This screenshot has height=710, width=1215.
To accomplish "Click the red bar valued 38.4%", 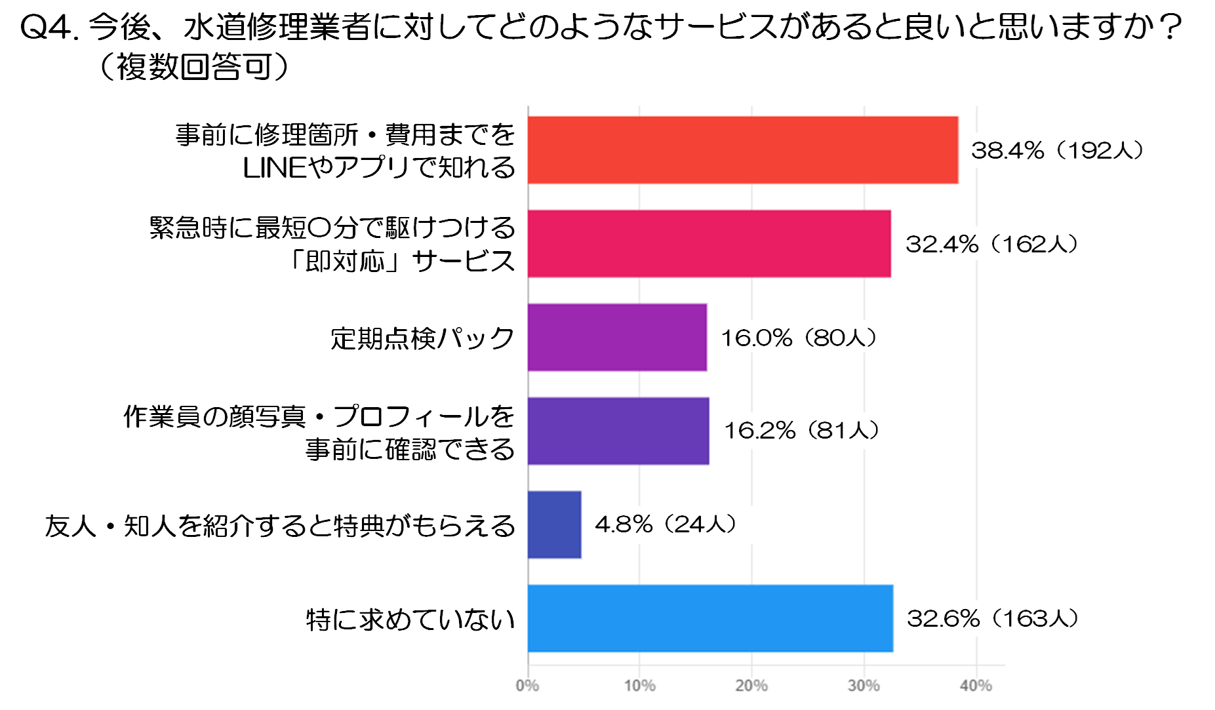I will pos(742,150).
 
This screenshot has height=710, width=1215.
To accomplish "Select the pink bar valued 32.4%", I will pos(709,244).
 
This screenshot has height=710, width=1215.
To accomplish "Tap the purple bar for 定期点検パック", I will pos(617,338).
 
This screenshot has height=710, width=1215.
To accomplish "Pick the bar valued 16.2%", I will pos(618,431).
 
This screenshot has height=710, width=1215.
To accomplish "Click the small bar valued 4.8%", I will pos(554,524).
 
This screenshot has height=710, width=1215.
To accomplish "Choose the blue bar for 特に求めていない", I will pos(710,618).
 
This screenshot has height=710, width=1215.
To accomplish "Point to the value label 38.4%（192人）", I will pos(1057,151).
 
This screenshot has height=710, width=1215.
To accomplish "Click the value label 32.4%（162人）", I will pos(991,245).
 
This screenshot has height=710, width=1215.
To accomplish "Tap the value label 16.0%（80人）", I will pos(799,338).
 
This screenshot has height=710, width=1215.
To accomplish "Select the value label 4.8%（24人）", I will pos(666,524).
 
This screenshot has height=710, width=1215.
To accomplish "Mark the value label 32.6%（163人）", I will pos(993,619).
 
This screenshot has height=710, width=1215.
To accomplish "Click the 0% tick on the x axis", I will pos(527,686).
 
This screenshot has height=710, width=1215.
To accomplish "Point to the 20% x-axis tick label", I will pos(751,686).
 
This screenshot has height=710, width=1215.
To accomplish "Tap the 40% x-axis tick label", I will pos(976,686).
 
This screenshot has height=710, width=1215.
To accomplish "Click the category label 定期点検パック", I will pos(422,338).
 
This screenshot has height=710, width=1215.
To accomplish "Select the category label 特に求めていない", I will pos(410,620).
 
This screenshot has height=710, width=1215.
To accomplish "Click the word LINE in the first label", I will pos(274,168).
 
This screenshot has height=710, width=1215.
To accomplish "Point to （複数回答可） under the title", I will pos(193,67).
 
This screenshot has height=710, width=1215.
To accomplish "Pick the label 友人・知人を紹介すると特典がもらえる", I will pos(280,526).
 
